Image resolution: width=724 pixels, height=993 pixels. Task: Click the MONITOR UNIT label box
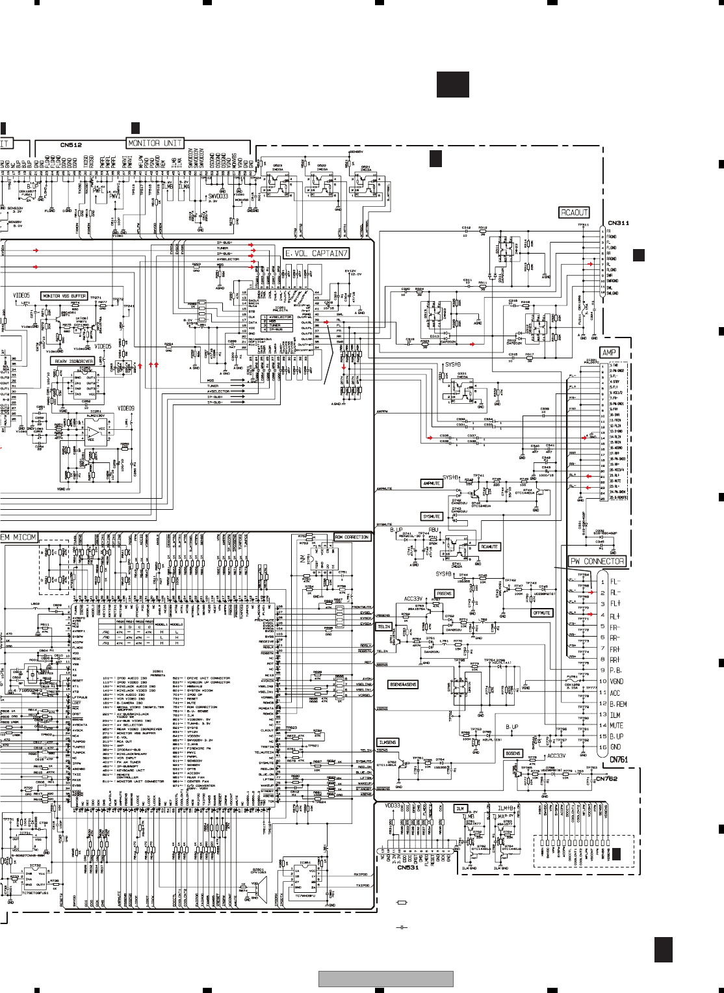click(x=155, y=143)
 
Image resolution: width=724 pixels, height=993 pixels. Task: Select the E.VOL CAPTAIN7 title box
click(x=317, y=254)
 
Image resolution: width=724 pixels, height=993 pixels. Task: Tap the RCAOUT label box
click(x=574, y=213)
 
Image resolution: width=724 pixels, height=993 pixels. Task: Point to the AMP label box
click(x=609, y=352)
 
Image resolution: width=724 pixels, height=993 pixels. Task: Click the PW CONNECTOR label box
click(x=597, y=561)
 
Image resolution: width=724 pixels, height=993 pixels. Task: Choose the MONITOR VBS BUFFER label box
click(x=64, y=296)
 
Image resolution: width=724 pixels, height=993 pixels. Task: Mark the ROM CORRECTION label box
click(x=352, y=537)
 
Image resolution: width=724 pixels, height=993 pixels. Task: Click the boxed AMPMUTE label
click(x=432, y=483)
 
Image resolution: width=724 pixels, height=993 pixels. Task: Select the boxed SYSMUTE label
click(x=432, y=516)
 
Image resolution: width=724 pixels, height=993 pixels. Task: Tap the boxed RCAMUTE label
click(x=489, y=547)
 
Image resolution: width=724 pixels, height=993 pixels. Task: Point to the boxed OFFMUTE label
click(x=541, y=613)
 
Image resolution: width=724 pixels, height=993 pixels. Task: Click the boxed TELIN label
click(x=384, y=627)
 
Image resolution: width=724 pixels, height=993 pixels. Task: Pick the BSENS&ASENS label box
click(x=403, y=685)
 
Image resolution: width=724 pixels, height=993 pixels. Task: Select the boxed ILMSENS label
click(x=387, y=742)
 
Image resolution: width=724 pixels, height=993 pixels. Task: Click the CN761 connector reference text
click(x=618, y=759)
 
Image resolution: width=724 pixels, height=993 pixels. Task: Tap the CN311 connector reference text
click(x=618, y=223)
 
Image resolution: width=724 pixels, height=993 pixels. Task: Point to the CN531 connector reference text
click(x=407, y=867)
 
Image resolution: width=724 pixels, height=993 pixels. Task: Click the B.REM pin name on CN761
click(x=618, y=704)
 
